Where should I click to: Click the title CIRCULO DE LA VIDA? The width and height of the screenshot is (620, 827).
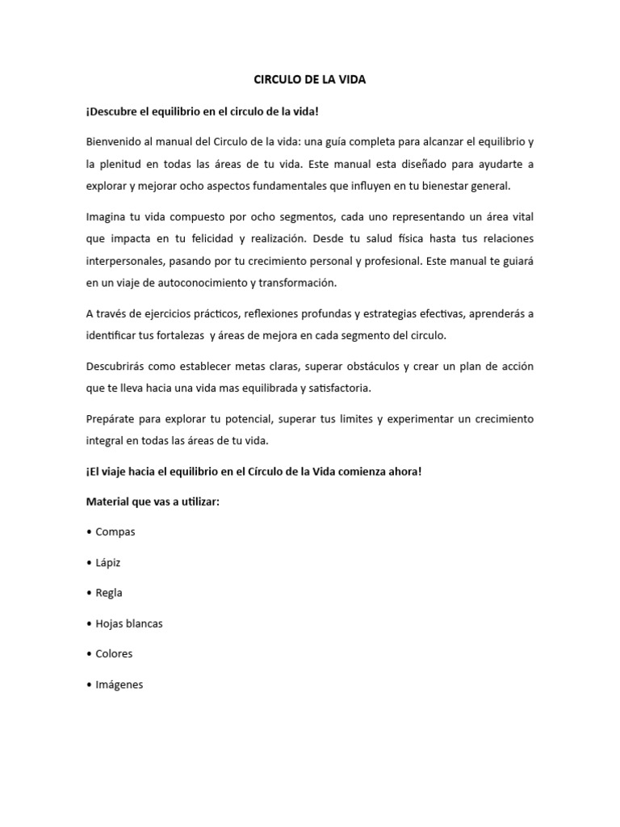pyautogui.click(x=310, y=80)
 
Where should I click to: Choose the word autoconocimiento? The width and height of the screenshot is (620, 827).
pyautogui.click(x=203, y=283)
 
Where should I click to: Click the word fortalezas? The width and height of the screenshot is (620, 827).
pyautogui.click(x=173, y=334)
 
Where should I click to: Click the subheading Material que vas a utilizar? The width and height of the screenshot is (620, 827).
pyautogui.click(x=153, y=502)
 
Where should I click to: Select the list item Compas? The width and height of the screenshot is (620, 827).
pyautogui.click(x=115, y=532)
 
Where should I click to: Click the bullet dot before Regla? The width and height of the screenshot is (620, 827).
pyautogui.click(x=89, y=593)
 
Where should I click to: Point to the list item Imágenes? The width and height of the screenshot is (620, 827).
pyautogui.click(x=119, y=684)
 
